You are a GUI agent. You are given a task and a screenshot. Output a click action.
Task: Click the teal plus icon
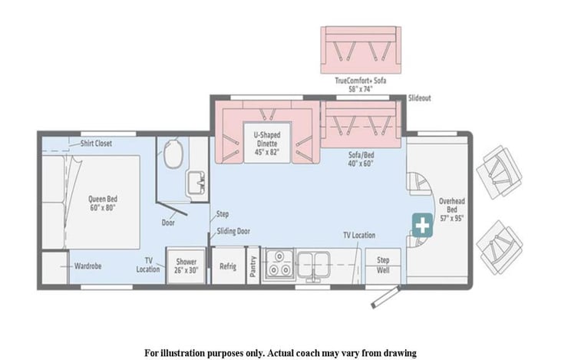[422, 225]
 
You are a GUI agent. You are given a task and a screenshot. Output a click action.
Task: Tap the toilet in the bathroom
[173, 154]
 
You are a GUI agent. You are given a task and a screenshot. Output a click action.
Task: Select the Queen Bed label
[103, 203]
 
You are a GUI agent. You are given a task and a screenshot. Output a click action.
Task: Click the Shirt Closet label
[96, 144]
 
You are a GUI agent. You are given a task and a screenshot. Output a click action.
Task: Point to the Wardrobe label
[87, 266]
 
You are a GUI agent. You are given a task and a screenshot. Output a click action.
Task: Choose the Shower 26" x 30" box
[186, 266]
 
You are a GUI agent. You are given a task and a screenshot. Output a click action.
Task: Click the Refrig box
[228, 266]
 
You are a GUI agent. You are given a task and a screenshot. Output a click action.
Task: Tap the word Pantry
[253, 266]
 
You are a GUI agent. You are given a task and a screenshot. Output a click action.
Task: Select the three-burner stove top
[279, 265]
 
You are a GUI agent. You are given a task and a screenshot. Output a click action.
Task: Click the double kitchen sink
[313, 264]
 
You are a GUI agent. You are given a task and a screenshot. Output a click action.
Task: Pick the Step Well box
[383, 266]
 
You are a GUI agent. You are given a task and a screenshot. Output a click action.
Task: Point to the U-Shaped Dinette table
[267, 143]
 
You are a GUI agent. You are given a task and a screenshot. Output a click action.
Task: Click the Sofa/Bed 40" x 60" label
[361, 159]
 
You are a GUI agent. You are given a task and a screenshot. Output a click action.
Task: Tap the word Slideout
[419, 97]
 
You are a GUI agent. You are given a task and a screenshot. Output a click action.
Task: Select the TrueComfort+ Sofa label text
[361, 84]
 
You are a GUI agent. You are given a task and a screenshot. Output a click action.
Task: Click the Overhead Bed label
[452, 210]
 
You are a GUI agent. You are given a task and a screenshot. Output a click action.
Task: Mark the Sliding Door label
[233, 231]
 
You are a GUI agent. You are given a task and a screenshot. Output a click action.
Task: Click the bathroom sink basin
[196, 183]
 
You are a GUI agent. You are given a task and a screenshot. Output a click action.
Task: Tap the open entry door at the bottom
[385, 297]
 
